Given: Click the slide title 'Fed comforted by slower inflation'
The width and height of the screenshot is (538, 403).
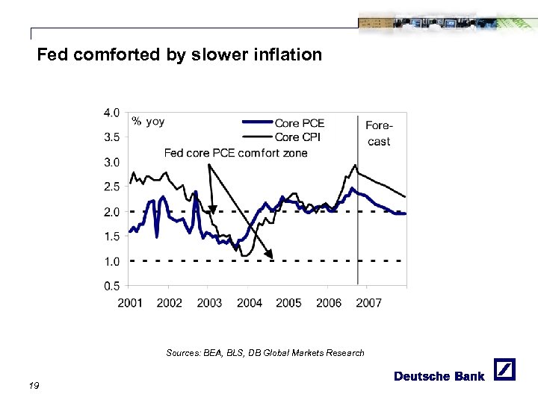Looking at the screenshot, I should (179, 54).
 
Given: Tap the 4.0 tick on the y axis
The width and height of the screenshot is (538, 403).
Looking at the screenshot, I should (110, 113).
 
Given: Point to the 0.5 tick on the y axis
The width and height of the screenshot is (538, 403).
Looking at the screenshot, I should (110, 286).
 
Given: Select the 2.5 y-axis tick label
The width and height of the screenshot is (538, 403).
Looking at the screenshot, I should (110, 187).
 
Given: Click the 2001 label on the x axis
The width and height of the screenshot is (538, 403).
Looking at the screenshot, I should (130, 302).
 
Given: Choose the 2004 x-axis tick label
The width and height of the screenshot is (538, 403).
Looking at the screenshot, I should (250, 302).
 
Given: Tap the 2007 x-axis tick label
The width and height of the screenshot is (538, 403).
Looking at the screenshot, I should (369, 302).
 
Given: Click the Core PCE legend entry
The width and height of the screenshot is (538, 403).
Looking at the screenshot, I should (300, 123).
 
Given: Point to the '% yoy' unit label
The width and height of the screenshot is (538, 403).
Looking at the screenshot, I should (148, 121).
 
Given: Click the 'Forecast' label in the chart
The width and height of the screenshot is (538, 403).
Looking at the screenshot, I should (379, 134).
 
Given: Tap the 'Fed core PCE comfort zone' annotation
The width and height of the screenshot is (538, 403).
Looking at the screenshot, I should (235, 153).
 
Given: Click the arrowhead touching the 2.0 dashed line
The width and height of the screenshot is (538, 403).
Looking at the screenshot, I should (213, 209).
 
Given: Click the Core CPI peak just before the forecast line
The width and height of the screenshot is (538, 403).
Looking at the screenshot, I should (355, 165).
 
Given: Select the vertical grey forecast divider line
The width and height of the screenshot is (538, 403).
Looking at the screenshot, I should (359, 224).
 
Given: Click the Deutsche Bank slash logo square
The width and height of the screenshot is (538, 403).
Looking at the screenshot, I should (505, 370).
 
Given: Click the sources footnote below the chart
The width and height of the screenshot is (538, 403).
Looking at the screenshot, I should (265, 353).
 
